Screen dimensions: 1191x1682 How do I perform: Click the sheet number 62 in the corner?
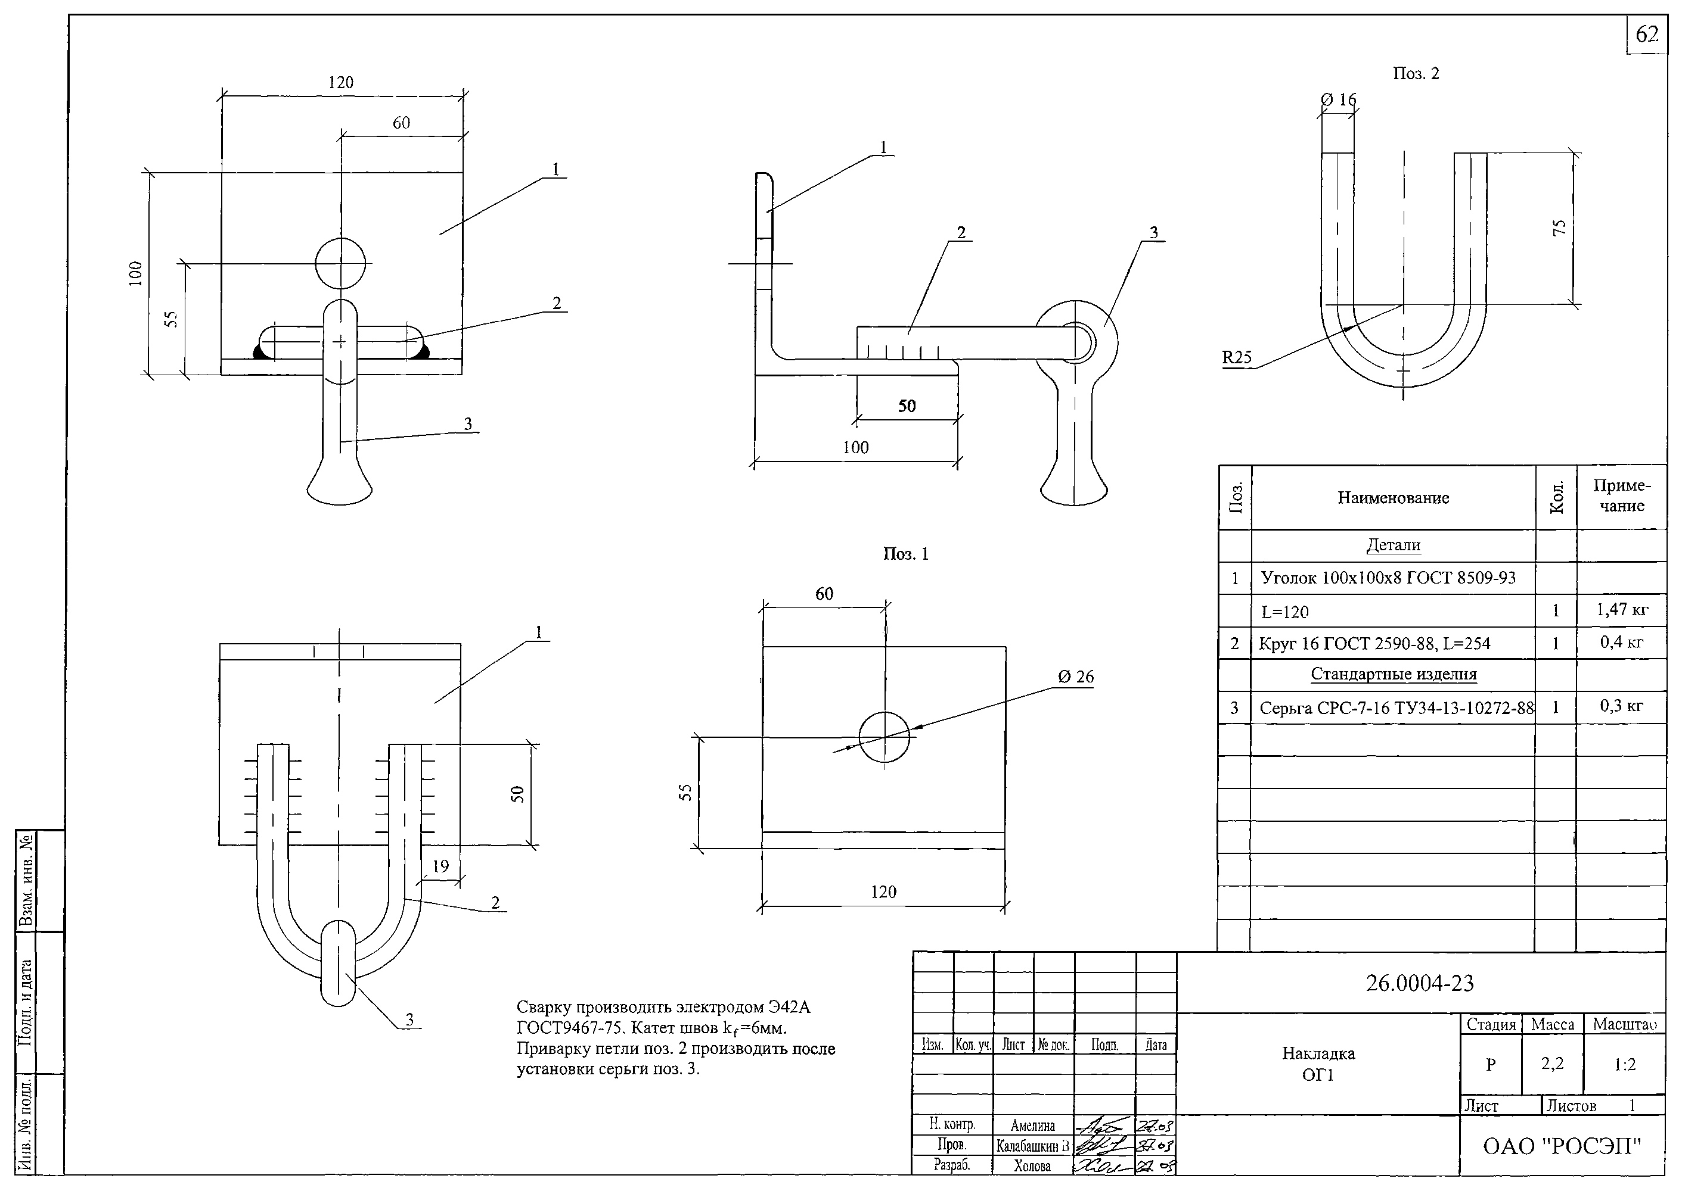tap(1647, 35)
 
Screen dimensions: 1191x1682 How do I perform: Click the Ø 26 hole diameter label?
tap(1075, 677)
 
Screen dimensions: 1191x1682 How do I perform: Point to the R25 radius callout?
tap(1237, 357)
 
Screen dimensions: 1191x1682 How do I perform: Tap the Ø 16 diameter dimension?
tap(1339, 99)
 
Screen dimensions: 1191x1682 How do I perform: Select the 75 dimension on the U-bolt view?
tap(1559, 227)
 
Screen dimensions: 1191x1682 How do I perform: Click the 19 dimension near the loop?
tap(440, 866)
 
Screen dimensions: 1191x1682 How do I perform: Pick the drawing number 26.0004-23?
tap(1419, 983)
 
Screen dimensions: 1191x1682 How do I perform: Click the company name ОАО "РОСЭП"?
tap(1562, 1146)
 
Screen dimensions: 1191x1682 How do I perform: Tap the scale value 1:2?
tap(1625, 1064)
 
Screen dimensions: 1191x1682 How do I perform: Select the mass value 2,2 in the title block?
tap(1552, 1064)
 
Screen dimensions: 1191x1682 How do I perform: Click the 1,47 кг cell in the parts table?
tap(1622, 609)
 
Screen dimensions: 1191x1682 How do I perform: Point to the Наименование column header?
tap(1393, 498)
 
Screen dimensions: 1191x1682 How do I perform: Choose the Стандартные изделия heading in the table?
tap(1393, 674)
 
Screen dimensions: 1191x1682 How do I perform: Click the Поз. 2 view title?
tap(1416, 73)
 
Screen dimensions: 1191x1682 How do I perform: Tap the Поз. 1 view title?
tap(905, 554)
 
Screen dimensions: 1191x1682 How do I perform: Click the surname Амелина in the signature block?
tap(1032, 1125)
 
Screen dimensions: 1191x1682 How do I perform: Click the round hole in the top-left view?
tap(340, 263)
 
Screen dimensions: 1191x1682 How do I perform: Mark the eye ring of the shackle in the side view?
tap(1076, 342)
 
